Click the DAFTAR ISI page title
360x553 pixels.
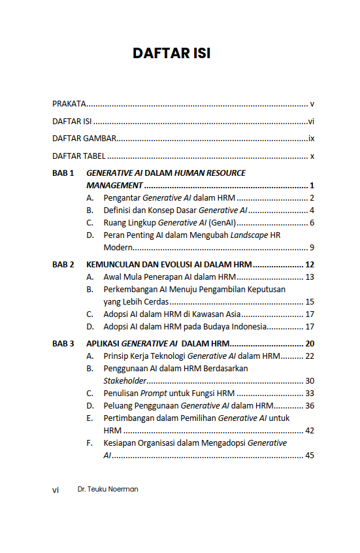[x=171, y=54]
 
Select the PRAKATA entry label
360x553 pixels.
[x=69, y=104]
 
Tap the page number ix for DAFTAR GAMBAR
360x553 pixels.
[x=312, y=139]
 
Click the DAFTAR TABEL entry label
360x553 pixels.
[x=78, y=156]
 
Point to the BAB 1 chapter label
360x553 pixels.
[x=63, y=173]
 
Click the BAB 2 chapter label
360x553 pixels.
[x=63, y=265]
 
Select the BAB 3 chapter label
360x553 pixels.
[x=63, y=343]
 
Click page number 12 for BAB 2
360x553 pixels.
[x=310, y=265]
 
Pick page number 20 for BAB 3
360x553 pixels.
[x=310, y=343]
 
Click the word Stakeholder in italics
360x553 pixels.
[x=126, y=380]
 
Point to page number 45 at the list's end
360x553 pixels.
[x=310, y=456]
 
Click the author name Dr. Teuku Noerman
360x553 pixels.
[x=107, y=489]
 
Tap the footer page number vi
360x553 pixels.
[x=56, y=490]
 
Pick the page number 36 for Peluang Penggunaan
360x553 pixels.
[x=310, y=406]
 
